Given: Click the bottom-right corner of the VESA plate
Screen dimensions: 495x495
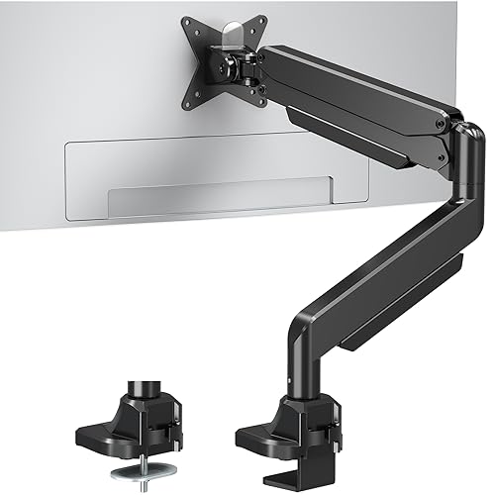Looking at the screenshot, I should (263, 103).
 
